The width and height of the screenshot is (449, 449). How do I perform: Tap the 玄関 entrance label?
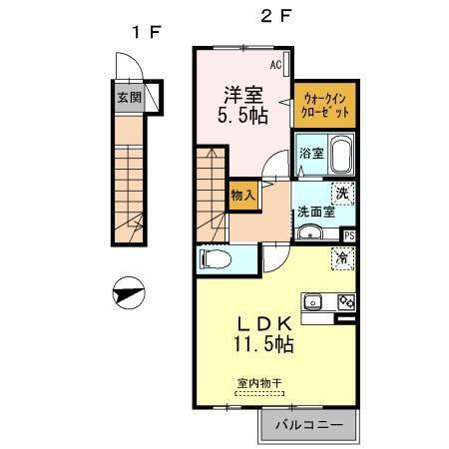(128, 98)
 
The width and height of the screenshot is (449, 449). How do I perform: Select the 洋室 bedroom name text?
(241, 96)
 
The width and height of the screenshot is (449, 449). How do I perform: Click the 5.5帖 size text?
(241, 116)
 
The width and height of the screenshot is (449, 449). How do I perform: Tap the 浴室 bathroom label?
(311, 154)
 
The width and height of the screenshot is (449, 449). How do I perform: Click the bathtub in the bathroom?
(341, 157)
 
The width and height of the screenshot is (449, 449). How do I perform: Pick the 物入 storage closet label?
(243, 193)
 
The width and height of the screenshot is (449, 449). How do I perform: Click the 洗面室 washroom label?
(313, 212)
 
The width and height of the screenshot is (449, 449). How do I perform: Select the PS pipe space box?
(348, 235)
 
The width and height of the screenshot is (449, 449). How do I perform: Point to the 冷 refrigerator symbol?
(343, 257)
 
